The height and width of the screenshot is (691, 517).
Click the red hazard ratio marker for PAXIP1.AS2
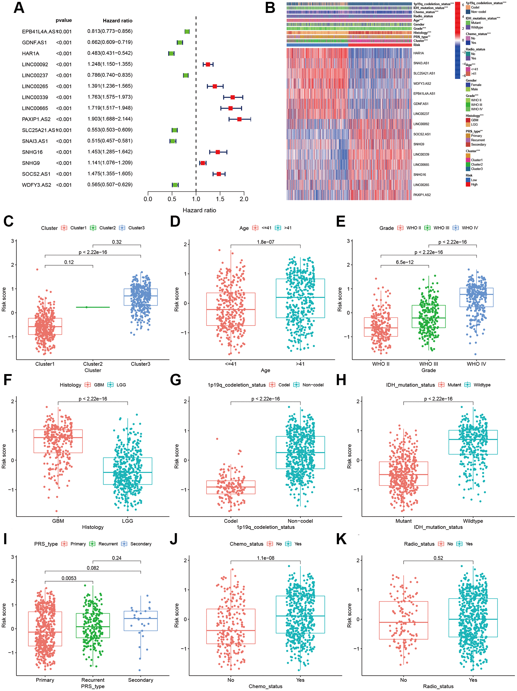239,119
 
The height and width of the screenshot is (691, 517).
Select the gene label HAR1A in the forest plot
31,53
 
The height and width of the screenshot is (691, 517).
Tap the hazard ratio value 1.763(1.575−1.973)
110,97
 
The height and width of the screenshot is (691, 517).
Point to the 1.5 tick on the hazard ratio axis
220,199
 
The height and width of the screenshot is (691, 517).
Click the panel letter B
270,8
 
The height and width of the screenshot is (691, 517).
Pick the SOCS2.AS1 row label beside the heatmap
422,134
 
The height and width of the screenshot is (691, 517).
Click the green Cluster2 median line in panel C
93,307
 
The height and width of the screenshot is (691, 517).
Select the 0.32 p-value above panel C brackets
116,242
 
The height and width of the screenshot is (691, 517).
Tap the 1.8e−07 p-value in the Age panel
265,242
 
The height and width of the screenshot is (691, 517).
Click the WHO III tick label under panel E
428,364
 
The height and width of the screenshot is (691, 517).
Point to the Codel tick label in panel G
231,521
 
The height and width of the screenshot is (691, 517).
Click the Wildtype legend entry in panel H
482,385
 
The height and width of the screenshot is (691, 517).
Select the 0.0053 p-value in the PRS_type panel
69,578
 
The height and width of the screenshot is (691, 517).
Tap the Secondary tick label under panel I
140,680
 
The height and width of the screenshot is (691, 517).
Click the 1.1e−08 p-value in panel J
265,558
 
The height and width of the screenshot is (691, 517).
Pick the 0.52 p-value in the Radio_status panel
438,558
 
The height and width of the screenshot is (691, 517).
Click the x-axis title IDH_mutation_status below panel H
438,527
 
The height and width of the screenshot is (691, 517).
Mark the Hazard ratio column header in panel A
117,21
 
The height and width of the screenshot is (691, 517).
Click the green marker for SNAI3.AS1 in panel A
172,141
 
